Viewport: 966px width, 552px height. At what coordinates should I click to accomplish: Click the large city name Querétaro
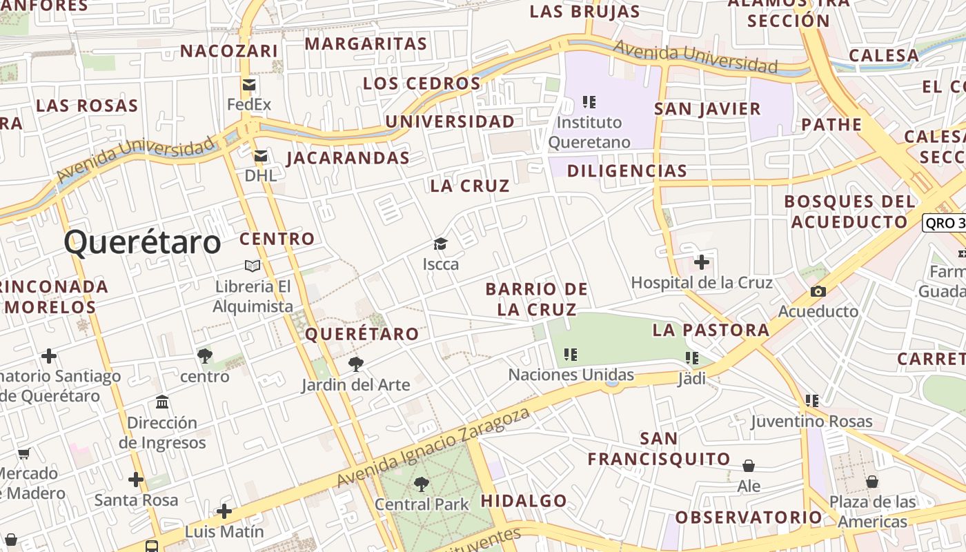coord(142,243)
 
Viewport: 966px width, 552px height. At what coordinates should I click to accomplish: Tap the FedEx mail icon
coord(249,85)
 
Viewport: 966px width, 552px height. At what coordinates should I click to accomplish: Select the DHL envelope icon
coord(261,156)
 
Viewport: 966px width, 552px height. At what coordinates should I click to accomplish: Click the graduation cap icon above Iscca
coord(440,244)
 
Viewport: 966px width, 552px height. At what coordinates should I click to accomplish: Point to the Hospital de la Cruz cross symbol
coord(702,262)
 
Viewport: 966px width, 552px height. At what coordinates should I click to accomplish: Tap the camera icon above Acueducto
coord(818,291)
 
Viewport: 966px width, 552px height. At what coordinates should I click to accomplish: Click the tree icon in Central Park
coord(421,484)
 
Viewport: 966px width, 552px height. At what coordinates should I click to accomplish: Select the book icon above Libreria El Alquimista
coord(253,266)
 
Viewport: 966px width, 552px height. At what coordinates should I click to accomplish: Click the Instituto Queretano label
coord(589,132)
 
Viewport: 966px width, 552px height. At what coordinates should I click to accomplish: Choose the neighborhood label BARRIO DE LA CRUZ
coord(537,299)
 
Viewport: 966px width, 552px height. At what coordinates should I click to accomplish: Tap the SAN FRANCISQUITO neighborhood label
coord(659,448)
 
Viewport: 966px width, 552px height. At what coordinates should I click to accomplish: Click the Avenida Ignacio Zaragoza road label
coord(433,447)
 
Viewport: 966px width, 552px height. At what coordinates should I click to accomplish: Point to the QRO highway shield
coord(944,223)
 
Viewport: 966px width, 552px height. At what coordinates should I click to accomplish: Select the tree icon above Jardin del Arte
coord(356,364)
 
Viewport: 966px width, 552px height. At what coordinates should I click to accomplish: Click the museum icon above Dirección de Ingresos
coord(162,402)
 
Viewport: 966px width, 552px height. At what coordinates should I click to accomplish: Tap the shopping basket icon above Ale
coord(749,466)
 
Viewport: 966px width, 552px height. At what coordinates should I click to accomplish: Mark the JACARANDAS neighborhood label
coord(348,158)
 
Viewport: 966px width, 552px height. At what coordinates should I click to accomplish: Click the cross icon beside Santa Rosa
coord(136,480)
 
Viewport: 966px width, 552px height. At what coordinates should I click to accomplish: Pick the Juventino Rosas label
coord(811,421)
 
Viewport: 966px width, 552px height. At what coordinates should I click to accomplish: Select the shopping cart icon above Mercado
coord(24,454)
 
